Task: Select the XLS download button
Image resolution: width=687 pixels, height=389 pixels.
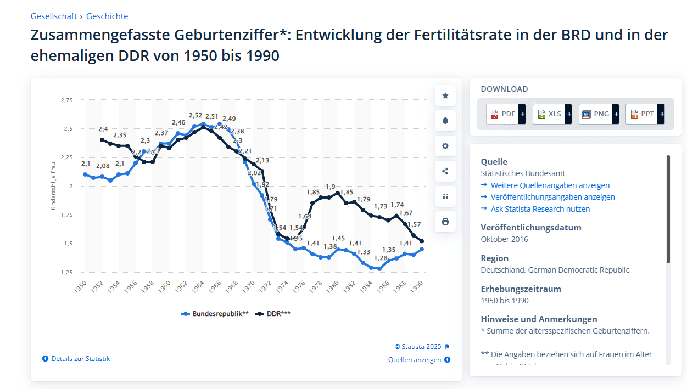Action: click(551, 114)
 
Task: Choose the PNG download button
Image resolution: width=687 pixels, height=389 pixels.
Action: click(598, 114)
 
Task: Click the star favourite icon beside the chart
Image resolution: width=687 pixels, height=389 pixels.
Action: click(445, 95)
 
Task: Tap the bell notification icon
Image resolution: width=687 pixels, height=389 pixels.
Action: click(445, 121)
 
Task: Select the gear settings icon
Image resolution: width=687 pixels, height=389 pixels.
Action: click(445, 146)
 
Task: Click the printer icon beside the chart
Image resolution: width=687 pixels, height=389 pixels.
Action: click(445, 222)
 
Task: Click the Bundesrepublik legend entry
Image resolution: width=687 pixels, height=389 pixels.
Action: click(215, 314)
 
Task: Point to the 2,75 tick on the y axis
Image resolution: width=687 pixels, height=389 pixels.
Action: click(66, 100)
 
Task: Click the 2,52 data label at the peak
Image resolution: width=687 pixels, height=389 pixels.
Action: click(196, 116)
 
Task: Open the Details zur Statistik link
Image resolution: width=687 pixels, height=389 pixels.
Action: click(80, 359)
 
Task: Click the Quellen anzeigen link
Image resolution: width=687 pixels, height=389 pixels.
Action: click(415, 360)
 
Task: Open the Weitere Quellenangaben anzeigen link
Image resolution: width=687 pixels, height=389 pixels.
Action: click(550, 185)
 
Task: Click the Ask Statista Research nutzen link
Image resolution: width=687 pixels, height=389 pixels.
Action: click(540, 209)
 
